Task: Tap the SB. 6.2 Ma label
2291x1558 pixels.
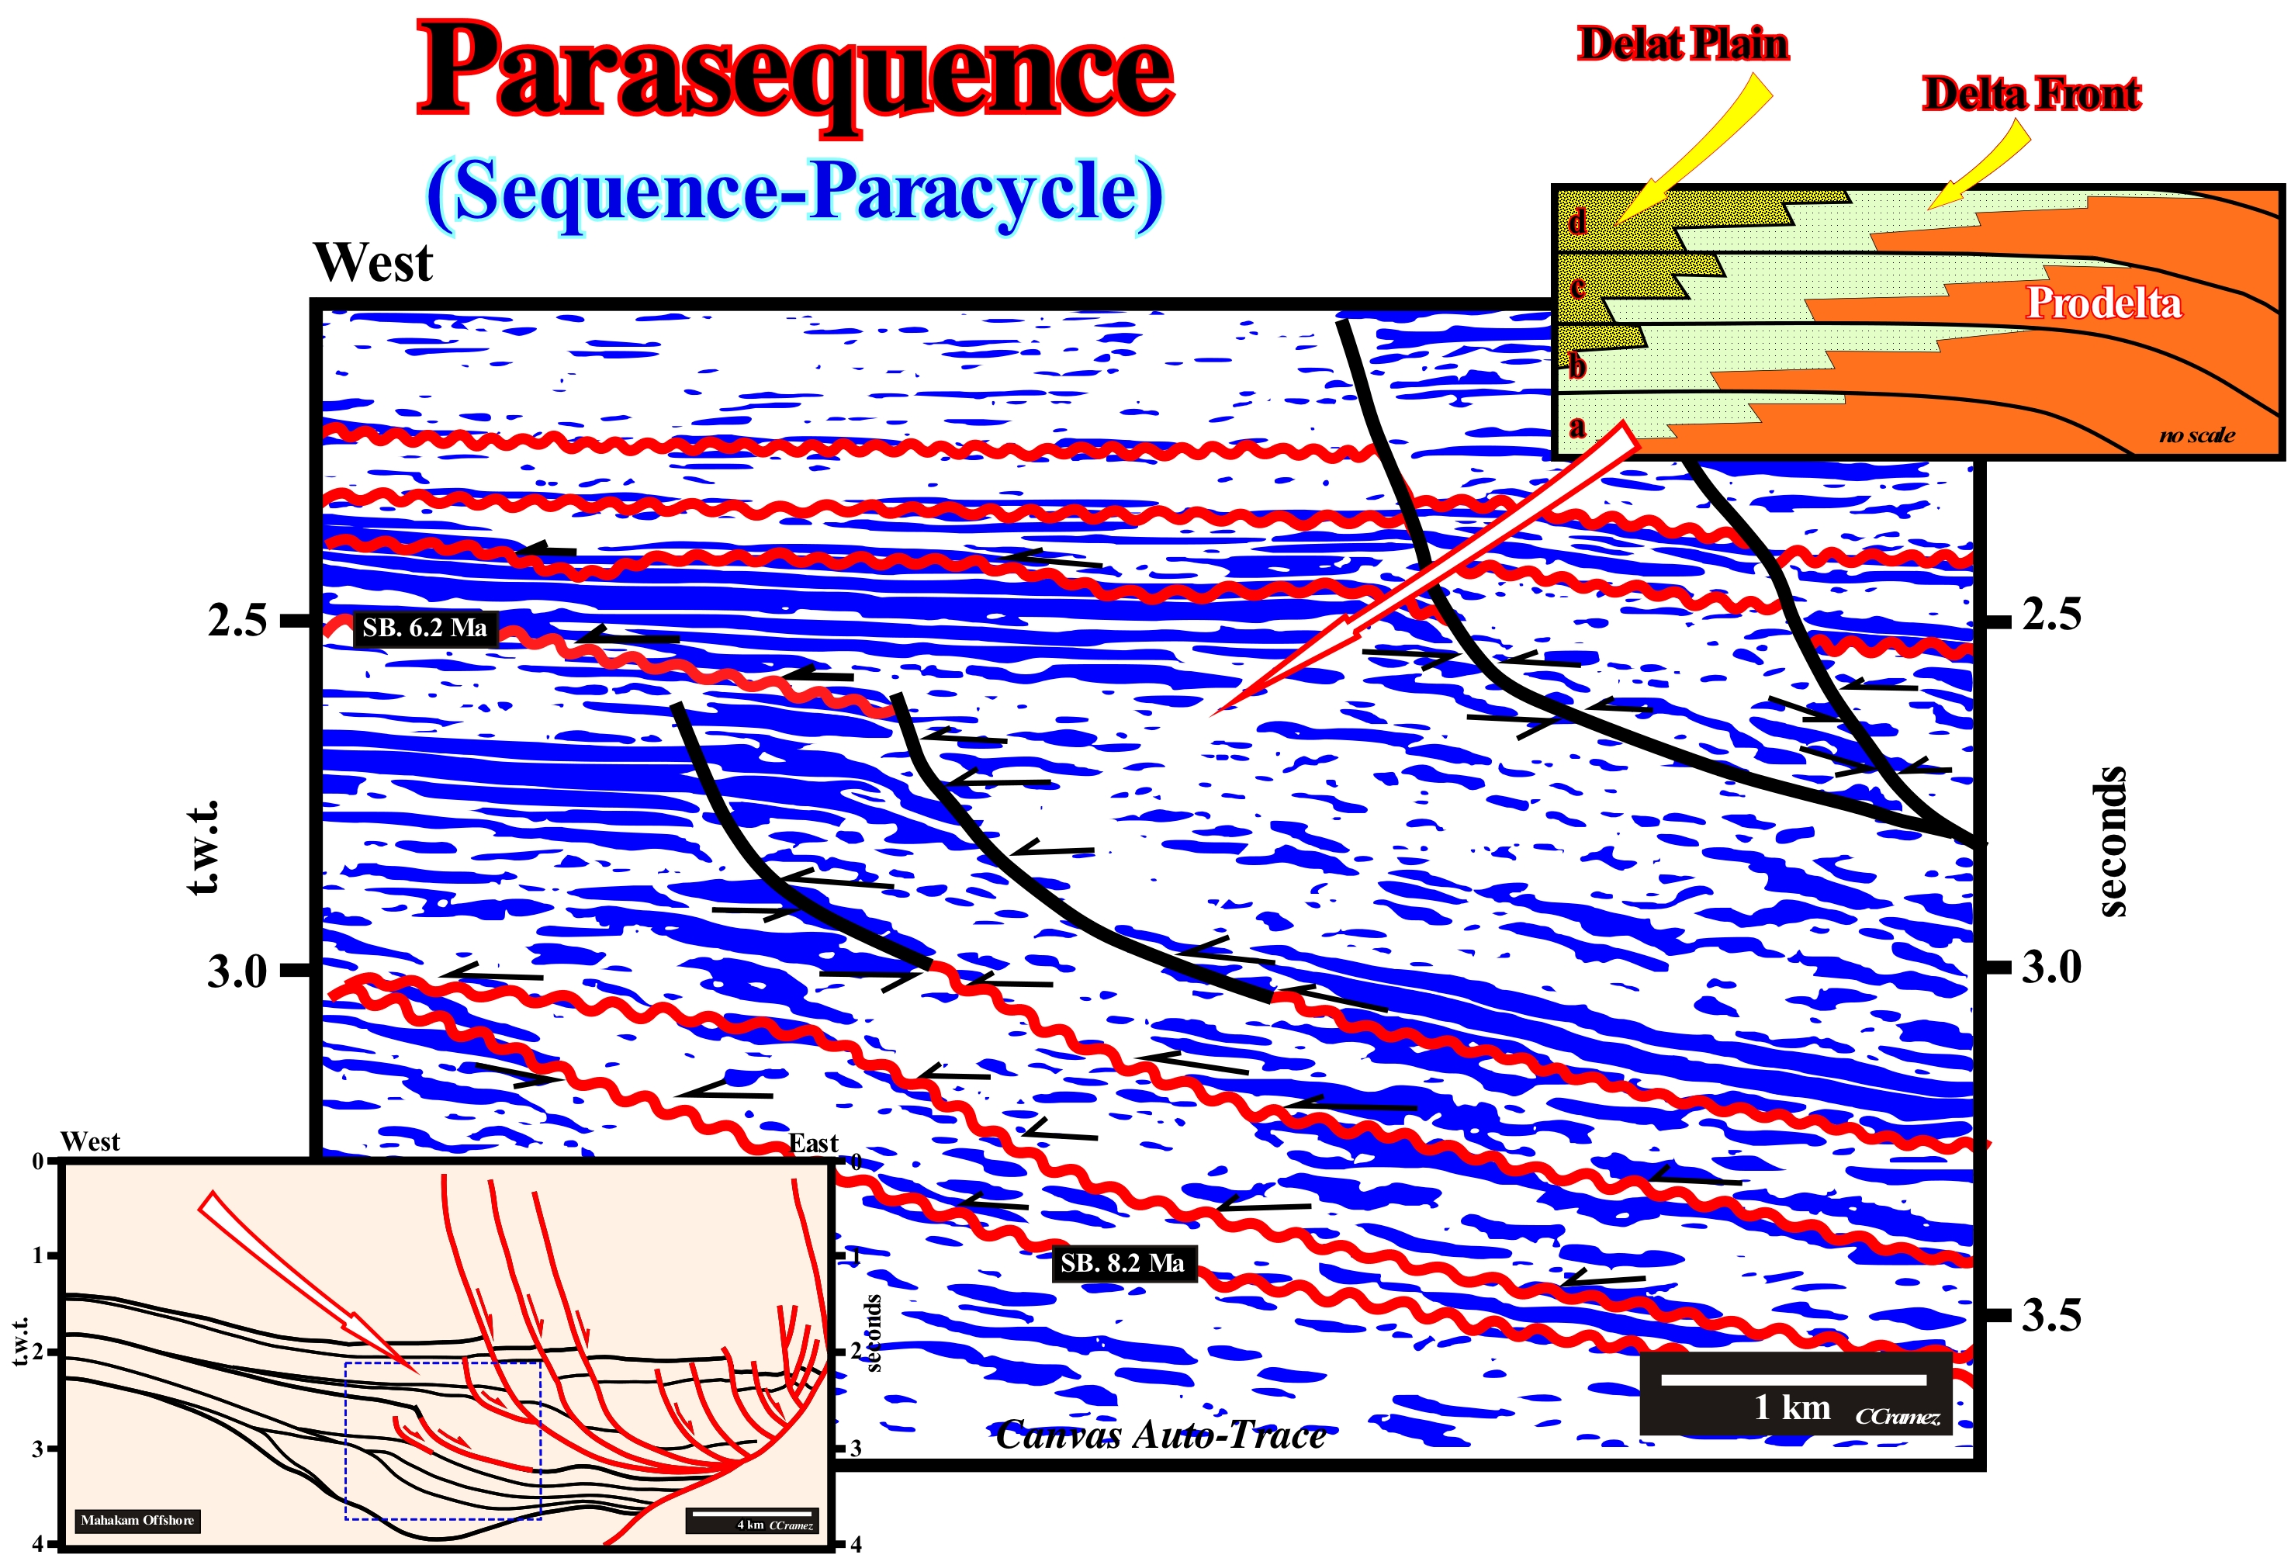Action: point(425,628)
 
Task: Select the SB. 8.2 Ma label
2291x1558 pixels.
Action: point(1123,1263)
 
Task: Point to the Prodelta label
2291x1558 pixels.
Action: point(2102,303)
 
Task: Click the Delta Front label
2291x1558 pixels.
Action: point(2031,94)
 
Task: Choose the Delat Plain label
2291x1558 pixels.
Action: point(1683,44)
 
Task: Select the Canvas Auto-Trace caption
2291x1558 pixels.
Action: point(1161,1435)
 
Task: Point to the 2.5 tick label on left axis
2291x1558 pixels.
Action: point(237,620)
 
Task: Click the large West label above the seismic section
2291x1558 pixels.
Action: point(372,262)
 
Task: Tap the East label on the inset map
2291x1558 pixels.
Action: point(813,1143)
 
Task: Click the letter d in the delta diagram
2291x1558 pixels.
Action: point(1577,221)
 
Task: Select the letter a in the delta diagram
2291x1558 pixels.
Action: point(1577,427)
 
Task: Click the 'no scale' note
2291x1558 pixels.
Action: point(2197,435)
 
